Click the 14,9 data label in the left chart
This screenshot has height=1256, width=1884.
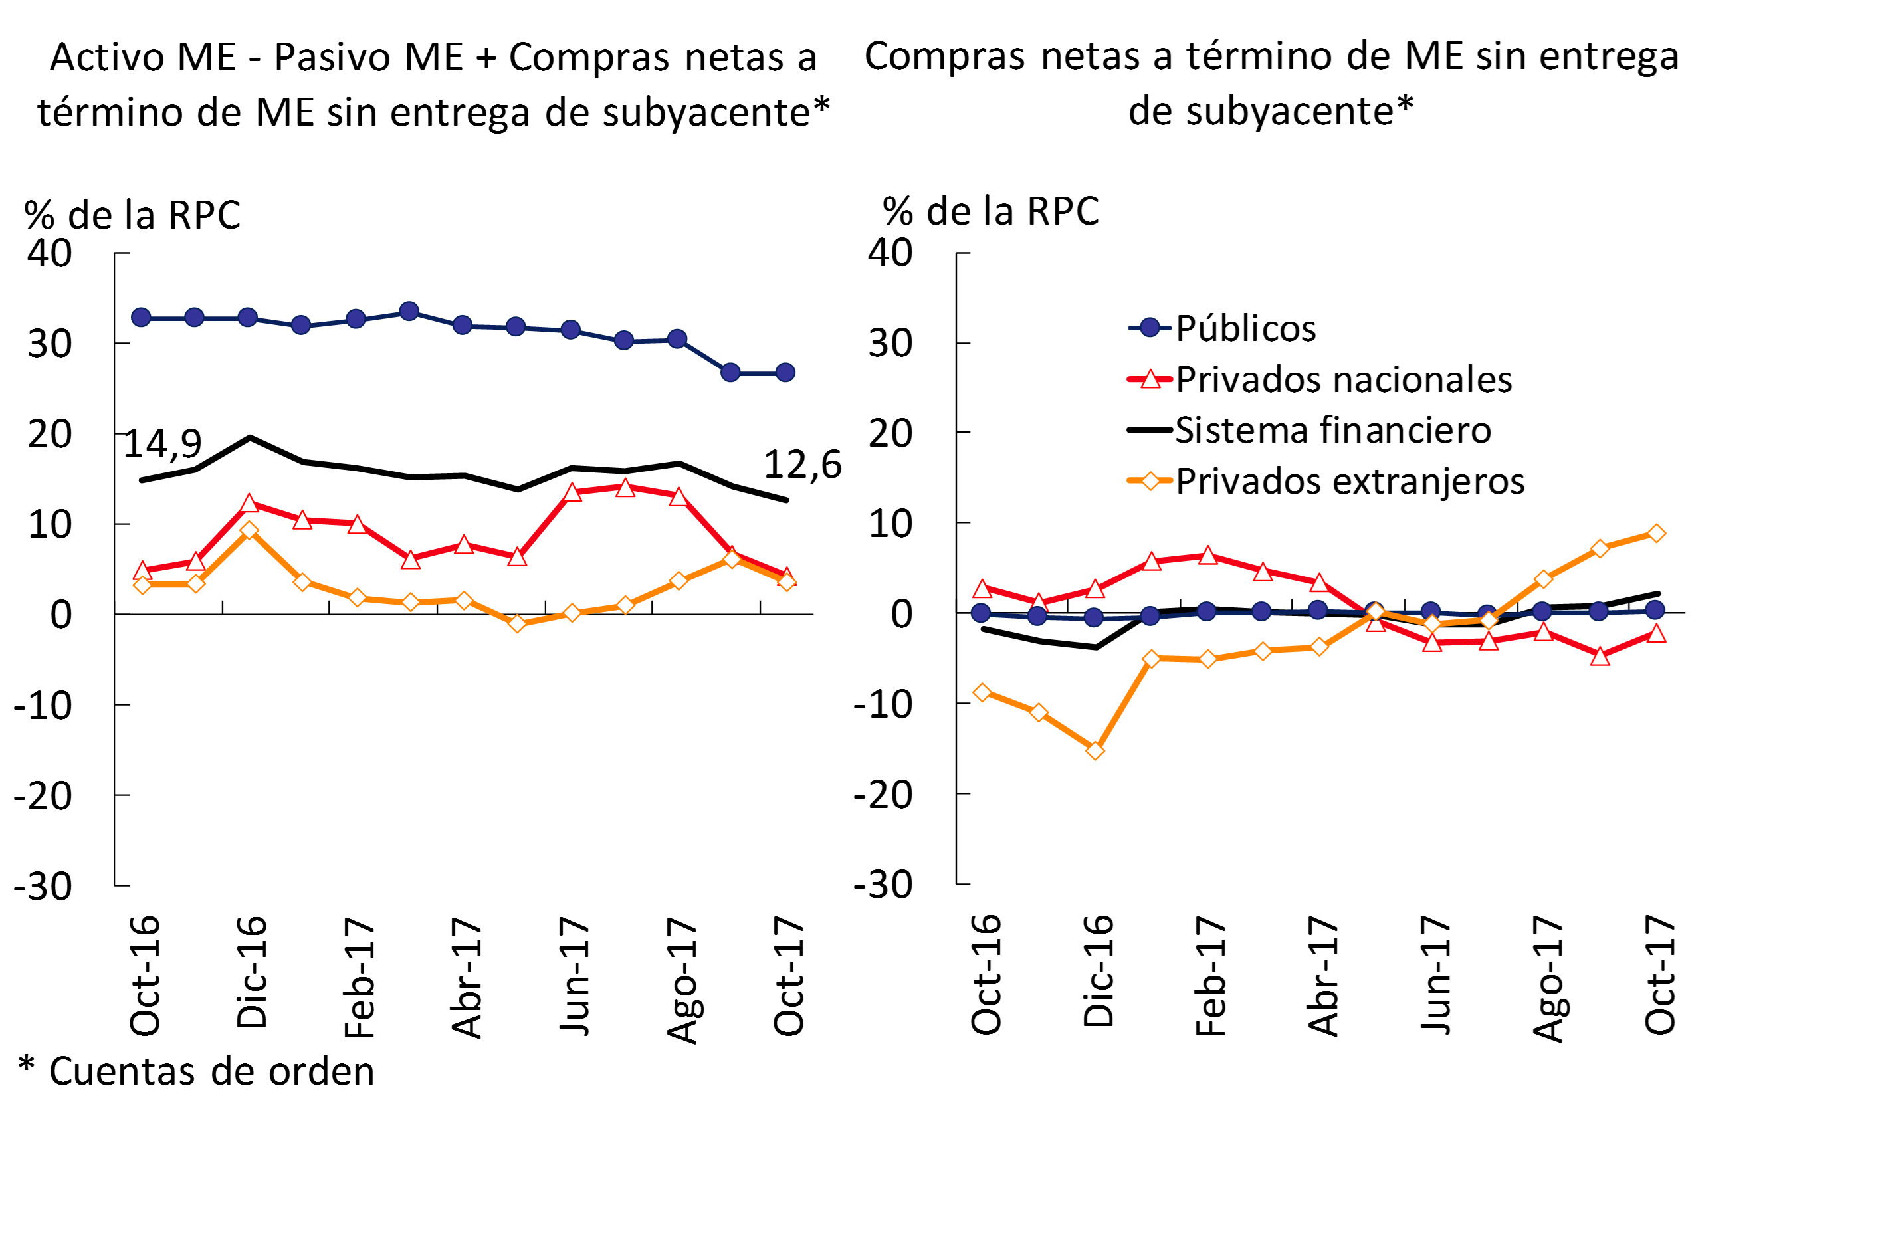[x=163, y=444]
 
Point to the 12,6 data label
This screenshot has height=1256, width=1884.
[x=803, y=465]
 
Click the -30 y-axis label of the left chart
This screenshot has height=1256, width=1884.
[x=43, y=886]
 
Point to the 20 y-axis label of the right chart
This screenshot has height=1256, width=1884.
[x=890, y=433]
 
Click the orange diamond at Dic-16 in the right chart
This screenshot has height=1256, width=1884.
[x=1095, y=750]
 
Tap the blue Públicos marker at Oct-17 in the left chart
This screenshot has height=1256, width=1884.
[x=785, y=372]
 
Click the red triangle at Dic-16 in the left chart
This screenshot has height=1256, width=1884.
[x=249, y=504]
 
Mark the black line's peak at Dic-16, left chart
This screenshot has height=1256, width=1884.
[x=250, y=437]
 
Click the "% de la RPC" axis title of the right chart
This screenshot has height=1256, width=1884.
[x=990, y=211]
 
